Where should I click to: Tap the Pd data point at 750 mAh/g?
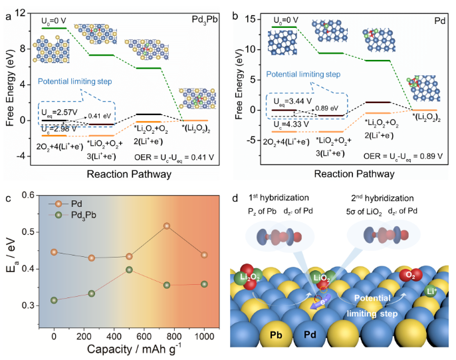point(166,226)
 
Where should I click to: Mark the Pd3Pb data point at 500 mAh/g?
point(129,270)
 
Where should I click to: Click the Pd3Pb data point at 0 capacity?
point(54,300)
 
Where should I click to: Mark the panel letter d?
point(237,198)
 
